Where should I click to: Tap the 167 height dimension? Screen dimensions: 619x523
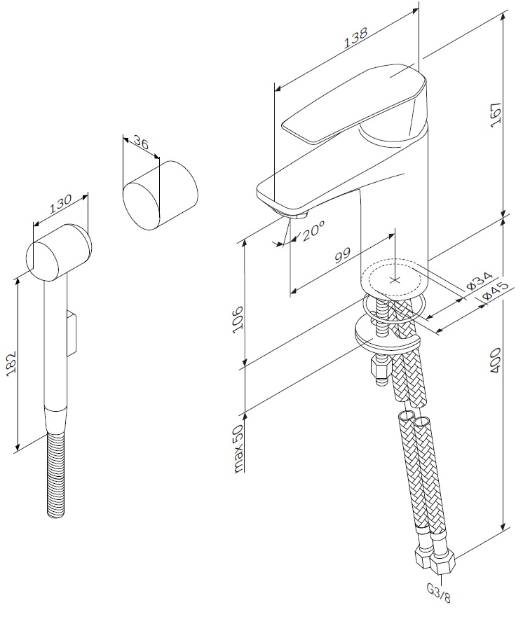pos(496,114)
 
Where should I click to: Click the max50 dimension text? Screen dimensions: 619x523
pos(238,449)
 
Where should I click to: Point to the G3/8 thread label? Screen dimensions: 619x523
pos(438,597)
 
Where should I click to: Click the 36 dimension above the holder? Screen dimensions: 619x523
pos(141,145)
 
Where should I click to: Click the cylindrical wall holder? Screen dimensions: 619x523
pos(160,195)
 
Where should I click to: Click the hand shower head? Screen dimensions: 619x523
pos(60,251)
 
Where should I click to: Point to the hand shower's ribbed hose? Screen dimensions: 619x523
pos(57,476)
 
